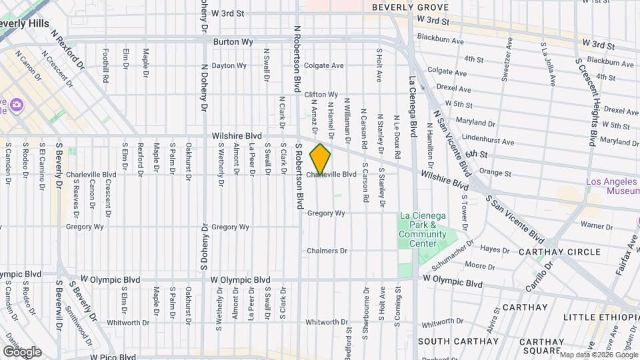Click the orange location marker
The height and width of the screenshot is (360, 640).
(x=320, y=159)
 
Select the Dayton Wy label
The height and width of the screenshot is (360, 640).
(x=229, y=66)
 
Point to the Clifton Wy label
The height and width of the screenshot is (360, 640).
(x=321, y=95)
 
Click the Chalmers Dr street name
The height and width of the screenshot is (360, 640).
(x=327, y=251)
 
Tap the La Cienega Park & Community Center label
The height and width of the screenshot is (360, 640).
(x=423, y=230)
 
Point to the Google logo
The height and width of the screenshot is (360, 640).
(x=22, y=351)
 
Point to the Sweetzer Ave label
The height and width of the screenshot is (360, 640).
(x=509, y=59)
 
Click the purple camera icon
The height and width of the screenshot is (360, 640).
(x=17, y=105)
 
